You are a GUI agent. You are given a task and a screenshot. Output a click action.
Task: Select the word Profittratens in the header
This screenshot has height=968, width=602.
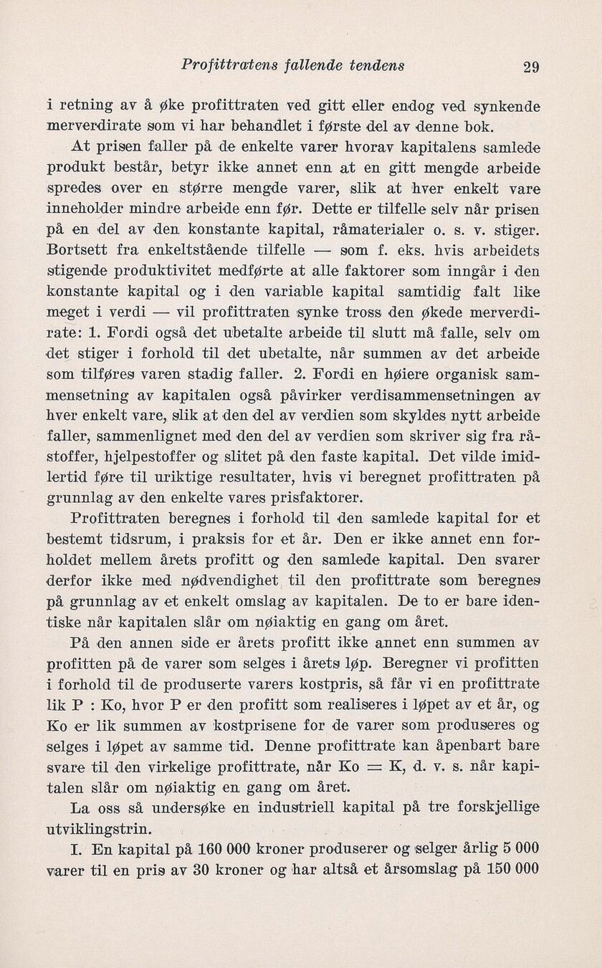click(x=219, y=65)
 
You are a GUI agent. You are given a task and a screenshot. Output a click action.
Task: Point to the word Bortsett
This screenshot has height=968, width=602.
click(x=72, y=252)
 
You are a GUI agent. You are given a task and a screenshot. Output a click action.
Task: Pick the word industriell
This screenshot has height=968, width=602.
click(x=290, y=809)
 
